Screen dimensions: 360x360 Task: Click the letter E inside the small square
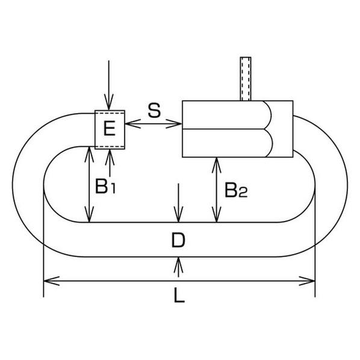[110, 129]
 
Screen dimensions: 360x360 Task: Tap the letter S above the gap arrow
[154, 110]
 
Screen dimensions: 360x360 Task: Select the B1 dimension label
[105, 186]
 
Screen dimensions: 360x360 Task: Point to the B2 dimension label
[236, 190]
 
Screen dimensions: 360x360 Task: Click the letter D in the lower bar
[178, 240]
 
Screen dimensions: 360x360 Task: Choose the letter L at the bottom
[179, 295]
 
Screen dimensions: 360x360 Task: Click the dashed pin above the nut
[246, 79]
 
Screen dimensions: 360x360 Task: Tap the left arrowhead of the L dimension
[51, 281]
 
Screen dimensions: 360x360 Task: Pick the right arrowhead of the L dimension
[307, 281]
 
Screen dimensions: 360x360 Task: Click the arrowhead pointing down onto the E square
[109, 102]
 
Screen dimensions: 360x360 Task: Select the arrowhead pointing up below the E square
[110, 158]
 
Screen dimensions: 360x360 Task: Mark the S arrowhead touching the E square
[133, 124]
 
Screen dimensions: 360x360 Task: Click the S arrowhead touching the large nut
[174, 124]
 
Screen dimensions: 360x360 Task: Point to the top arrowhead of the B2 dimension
[217, 166]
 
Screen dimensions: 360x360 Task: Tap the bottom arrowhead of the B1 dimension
[89, 214]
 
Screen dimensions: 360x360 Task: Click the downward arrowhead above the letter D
[178, 214]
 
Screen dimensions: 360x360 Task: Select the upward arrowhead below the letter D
[178, 265]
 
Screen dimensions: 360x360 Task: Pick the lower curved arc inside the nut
[270, 143]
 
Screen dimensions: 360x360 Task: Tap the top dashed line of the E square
[110, 113]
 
